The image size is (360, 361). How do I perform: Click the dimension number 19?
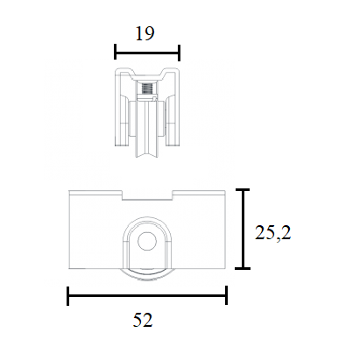coord(145,33)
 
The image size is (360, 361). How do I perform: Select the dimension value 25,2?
coord(273,233)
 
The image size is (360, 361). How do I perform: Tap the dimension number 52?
coord(143,320)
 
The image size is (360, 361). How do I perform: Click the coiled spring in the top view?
coord(147,88)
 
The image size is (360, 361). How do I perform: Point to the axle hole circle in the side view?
coord(147,241)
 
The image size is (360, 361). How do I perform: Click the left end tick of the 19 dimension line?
coord(116,52)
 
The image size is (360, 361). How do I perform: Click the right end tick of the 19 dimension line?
coord(179,53)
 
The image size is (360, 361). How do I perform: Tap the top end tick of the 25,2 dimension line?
coord(243,190)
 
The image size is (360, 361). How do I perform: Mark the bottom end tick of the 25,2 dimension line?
coord(243,268)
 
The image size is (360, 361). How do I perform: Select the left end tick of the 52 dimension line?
coord(68,296)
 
